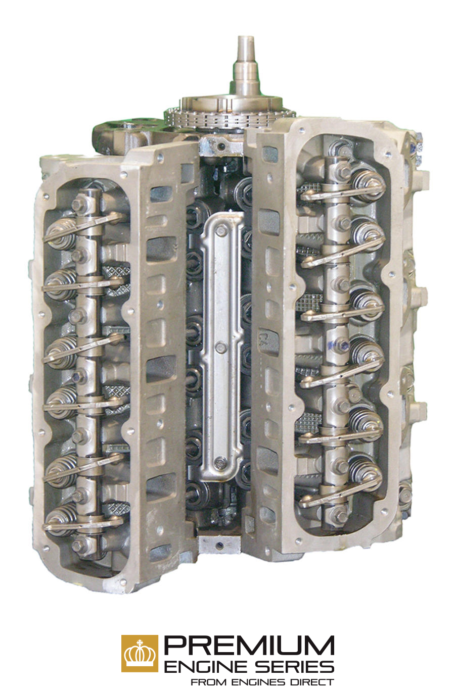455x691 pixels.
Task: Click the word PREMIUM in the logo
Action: point(249,646)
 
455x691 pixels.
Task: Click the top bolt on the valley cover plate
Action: point(221,230)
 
